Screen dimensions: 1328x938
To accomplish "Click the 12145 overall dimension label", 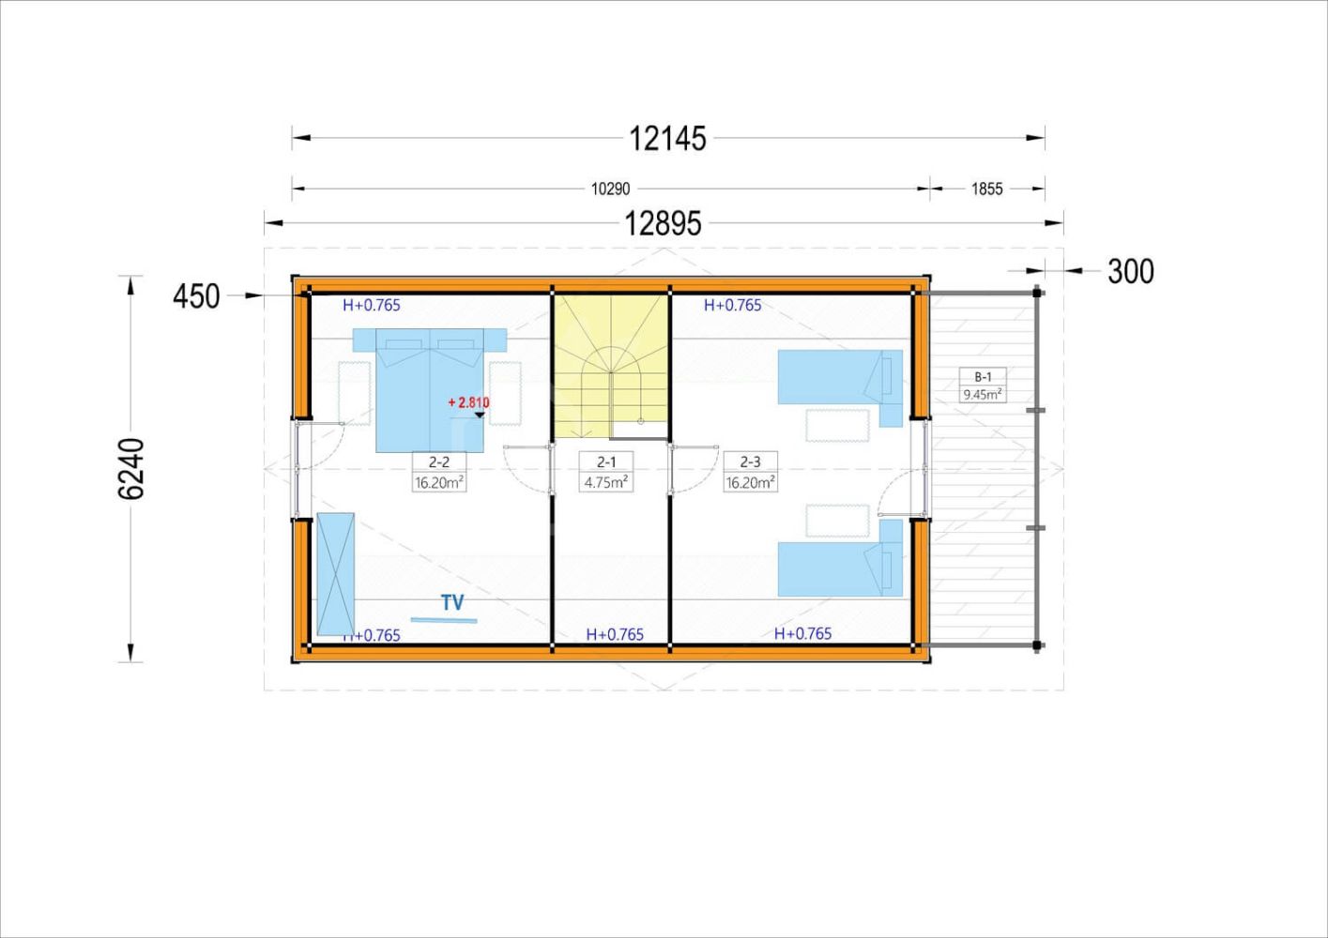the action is coord(667,139).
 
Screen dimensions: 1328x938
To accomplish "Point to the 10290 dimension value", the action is coord(610,189).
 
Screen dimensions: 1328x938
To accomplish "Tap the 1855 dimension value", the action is coord(986,189).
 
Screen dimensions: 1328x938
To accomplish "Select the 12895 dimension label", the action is coord(663,224).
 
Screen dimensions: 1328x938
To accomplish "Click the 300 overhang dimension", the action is coord(1131,272).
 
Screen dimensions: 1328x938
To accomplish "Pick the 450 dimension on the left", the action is coord(196,296).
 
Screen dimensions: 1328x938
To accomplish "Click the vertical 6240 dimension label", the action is coord(130,469).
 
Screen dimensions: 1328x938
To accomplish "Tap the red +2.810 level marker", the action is coord(468,403).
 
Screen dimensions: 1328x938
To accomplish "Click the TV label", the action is coord(452,602).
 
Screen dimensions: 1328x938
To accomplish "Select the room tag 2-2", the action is coord(438,461).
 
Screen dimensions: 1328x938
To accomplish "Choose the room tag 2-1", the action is coord(606,461).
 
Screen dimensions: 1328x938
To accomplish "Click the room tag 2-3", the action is coord(750,461).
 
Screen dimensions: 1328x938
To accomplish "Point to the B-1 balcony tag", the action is coord(983,377).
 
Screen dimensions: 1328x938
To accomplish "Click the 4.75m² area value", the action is coord(606,482).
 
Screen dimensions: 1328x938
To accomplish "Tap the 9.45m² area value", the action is coord(983,394).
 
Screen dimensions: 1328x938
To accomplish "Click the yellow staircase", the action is coord(611,368).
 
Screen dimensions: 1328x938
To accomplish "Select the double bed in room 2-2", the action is coord(430,390).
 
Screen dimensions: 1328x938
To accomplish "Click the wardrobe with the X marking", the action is coord(336,574).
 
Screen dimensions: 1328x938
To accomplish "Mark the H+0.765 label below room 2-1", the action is coord(615,635).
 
